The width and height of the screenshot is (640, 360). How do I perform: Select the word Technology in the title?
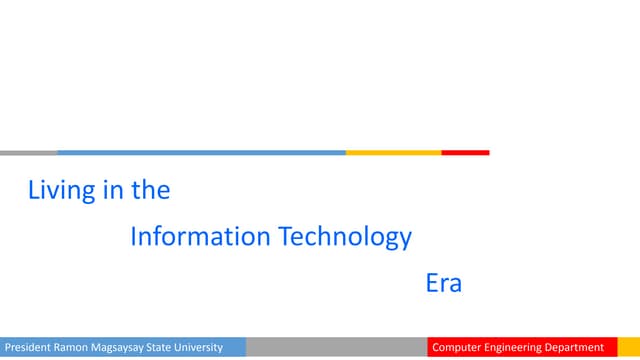click(345, 237)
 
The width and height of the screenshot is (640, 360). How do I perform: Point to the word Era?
click(444, 283)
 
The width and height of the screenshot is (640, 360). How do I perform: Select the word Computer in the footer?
click(457, 348)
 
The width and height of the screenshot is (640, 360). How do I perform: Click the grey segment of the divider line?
click(28, 153)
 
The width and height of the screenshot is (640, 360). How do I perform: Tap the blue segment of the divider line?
click(200, 153)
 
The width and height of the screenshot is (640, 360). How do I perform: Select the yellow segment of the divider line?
click(393, 153)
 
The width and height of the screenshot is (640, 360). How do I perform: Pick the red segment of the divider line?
click(465, 153)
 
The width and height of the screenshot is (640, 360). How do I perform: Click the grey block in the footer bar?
click(334, 348)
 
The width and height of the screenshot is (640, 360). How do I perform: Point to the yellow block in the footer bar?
click(629, 348)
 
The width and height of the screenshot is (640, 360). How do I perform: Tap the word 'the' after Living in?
click(151, 190)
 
